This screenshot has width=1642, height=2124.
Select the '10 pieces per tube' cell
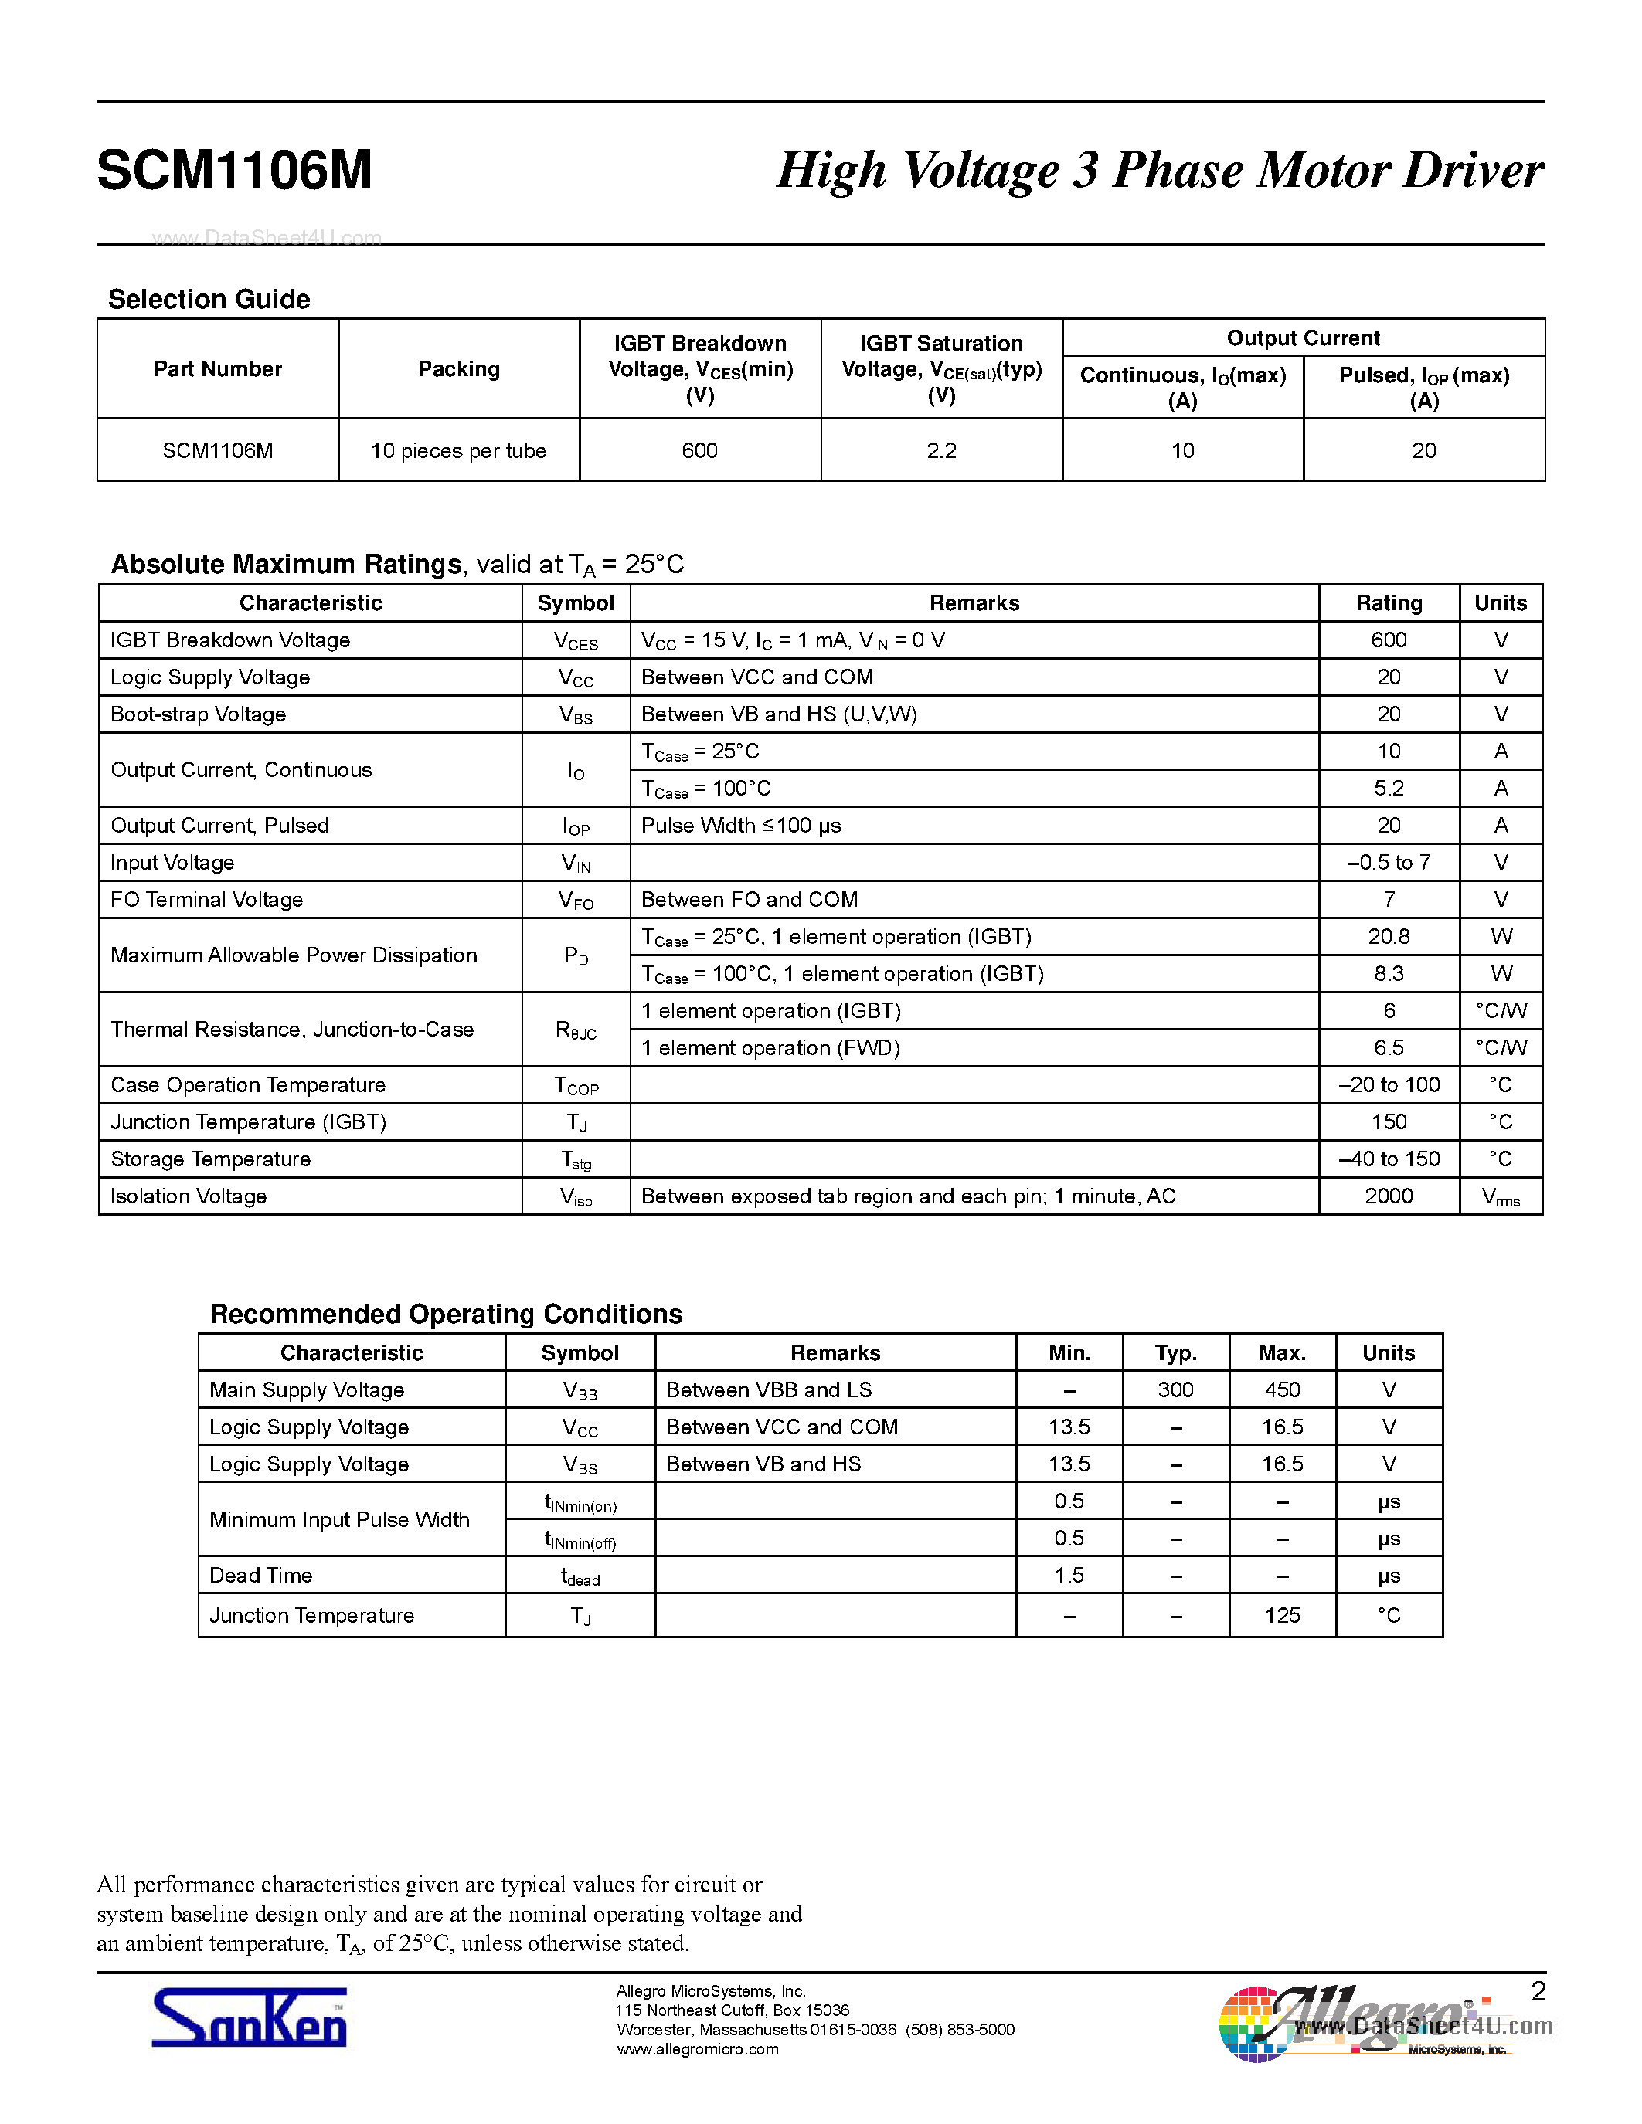click(458, 451)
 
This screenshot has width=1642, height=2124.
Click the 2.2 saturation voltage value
click(940, 451)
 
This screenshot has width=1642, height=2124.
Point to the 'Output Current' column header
click(1303, 338)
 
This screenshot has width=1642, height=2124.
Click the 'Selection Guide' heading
click(209, 300)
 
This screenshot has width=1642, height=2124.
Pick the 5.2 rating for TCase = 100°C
click(1388, 789)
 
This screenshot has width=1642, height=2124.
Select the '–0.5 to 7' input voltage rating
click(1388, 863)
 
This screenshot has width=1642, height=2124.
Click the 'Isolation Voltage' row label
click(189, 1196)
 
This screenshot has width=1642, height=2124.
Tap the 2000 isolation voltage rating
click(1388, 1196)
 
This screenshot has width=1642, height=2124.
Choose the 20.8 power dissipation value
click(1388, 937)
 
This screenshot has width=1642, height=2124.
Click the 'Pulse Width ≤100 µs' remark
click(741, 826)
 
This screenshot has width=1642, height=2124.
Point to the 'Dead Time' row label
click(260, 1576)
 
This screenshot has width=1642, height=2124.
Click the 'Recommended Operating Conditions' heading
click(447, 1315)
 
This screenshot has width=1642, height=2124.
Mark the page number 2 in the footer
click(1538, 1992)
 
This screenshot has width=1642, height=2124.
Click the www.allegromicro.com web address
click(698, 2050)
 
